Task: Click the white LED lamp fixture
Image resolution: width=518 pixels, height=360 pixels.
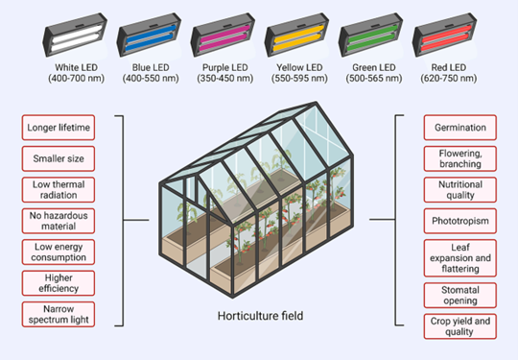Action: point(75,36)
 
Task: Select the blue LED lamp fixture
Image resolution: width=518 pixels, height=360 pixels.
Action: point(149,36)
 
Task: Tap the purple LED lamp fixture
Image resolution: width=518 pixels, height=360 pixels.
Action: point(223,36)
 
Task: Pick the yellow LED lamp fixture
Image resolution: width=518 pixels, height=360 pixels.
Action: point(297,36)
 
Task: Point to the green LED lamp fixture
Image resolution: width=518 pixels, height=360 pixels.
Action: point(371,36)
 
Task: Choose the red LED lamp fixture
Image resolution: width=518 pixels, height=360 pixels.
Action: point(445,36)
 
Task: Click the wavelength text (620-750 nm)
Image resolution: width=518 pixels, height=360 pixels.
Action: point(448,79)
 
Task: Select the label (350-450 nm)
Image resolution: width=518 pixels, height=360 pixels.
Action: point(225,79)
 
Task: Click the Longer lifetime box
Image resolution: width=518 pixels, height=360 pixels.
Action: point(59,128)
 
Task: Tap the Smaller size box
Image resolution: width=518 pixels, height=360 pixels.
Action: point(59,158)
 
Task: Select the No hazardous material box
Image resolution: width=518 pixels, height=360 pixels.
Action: point(59,221)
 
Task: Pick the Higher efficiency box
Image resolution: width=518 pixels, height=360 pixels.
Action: point(59,283)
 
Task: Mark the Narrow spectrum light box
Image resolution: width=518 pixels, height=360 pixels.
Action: point(59,314)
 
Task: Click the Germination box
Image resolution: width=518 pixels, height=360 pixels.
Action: point(460,128)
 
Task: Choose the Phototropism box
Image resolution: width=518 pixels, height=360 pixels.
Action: point(460,221)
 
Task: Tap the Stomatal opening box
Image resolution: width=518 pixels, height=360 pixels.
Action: point(460,296)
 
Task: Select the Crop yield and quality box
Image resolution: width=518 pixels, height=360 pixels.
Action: point(460,326)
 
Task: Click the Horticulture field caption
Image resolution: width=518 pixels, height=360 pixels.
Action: point(260,316)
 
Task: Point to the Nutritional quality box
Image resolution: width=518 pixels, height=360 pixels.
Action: point(460,190)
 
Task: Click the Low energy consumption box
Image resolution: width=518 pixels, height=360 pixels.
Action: point(59,252)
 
